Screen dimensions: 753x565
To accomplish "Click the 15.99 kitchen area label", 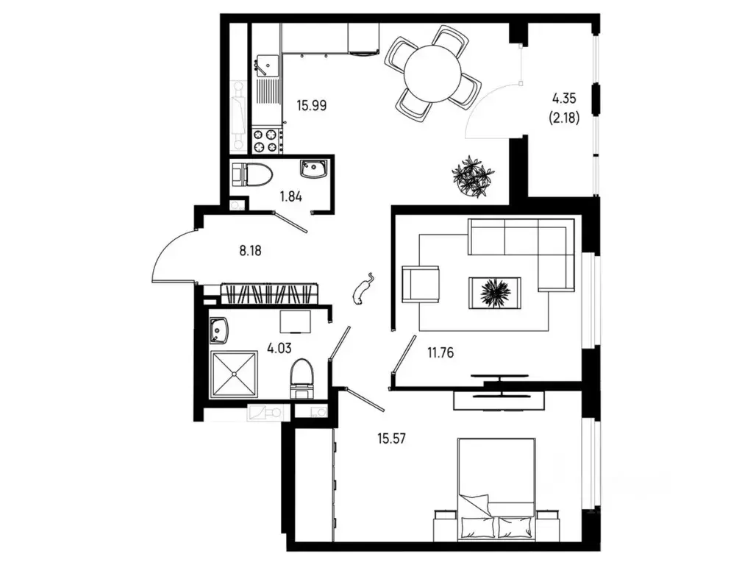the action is click(312, 105).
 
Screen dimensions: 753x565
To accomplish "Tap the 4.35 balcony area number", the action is click(564, 99).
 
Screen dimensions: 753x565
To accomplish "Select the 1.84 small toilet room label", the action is click(291, 196).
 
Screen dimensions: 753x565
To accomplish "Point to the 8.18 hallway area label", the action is click(250, 250).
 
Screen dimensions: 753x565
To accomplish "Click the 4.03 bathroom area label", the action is click(279, 348).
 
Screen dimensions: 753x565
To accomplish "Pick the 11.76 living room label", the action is click(440, 353).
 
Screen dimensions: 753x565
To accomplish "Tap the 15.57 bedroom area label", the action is click(392, 438).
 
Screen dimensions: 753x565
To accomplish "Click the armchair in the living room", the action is click(421, 285).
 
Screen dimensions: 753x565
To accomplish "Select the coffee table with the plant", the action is click(495, 293).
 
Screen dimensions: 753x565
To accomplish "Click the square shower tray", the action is click(234, 374).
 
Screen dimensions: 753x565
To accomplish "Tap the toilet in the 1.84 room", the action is click(251, 174).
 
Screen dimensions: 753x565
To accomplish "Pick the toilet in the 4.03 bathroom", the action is click(302, 379).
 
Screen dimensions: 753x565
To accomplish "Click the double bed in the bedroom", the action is click(496, 488).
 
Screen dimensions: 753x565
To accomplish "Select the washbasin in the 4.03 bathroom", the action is click(219, 330).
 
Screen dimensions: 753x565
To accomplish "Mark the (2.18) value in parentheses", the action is click(564, 117).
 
